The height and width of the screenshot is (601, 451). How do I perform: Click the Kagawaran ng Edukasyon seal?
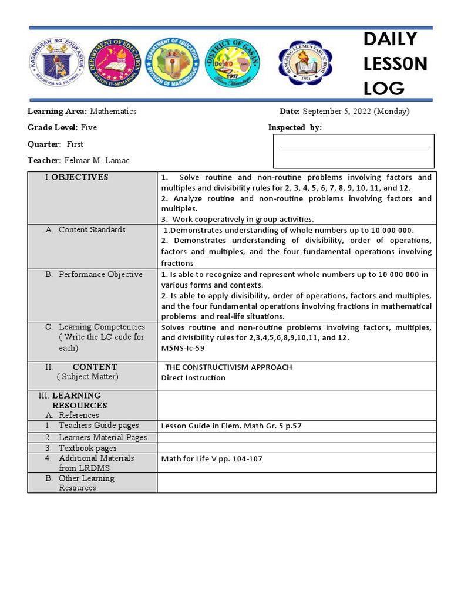click(56, 64)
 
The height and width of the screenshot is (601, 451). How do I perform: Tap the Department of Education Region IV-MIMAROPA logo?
click(114, 64)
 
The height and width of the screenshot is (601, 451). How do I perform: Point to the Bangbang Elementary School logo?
click(304, 64)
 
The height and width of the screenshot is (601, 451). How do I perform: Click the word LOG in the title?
click(384, 88)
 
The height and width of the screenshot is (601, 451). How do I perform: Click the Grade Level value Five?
click(89, 127)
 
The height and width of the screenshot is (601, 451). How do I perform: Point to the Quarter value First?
click(75, 144)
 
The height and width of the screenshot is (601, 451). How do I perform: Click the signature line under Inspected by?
click(354, 150)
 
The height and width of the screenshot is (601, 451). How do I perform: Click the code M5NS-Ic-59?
click(183, 347)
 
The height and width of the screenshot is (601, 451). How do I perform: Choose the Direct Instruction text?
click(193, 377)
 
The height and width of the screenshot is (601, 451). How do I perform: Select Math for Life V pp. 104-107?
click(211, 458)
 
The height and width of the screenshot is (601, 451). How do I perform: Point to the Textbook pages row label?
click(87, 448)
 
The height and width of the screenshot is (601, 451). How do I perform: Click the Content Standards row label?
click(92, 229)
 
